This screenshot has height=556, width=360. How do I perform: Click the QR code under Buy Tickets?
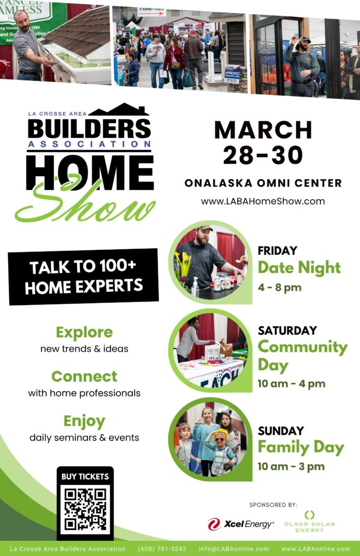click(85, 510)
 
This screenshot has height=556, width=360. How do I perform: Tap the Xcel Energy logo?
click(241, 524)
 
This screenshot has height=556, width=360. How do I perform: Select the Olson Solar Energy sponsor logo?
click(310, 522)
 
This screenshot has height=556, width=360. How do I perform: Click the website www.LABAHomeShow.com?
click(263, 201)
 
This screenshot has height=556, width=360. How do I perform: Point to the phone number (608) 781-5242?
click(162, 549)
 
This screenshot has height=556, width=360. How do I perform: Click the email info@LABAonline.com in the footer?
click(233, 549)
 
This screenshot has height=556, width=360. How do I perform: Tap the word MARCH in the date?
click(263, 130)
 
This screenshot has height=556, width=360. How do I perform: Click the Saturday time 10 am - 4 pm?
click(291, 384)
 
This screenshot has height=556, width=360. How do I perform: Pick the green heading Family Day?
click(301, 447)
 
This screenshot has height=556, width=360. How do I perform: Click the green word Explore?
click(84, 333)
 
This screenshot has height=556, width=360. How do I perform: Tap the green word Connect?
click(84, 377)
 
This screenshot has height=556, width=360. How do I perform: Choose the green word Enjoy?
click(84, 421)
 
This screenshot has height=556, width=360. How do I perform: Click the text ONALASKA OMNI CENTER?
click(263, 184)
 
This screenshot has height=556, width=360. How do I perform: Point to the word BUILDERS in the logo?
click(90, 128)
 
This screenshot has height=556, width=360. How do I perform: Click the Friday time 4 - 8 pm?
click(280, 287)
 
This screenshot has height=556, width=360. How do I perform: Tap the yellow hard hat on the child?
click(222, 433)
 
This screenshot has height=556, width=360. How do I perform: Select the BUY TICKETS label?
click(85, 477)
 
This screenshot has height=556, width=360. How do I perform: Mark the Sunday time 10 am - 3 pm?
click(291, 466)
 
